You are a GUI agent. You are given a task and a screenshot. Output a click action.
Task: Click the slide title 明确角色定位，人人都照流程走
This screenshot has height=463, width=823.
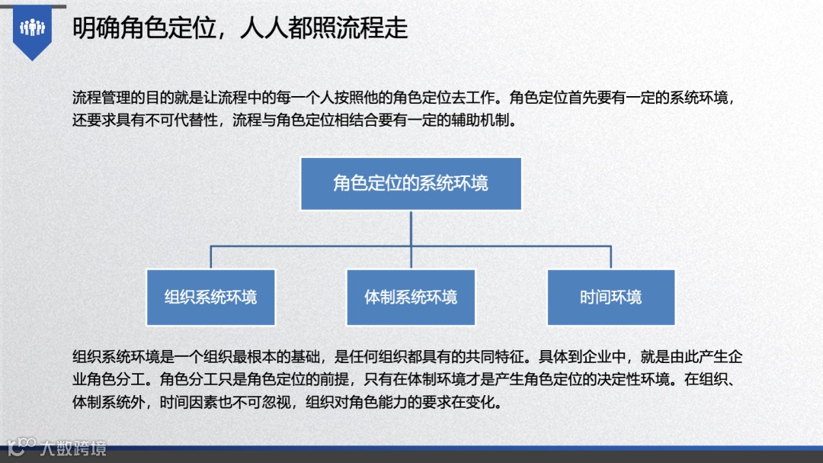[240, 28]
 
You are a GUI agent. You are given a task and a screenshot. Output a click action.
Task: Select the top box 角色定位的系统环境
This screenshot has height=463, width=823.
[411, 184]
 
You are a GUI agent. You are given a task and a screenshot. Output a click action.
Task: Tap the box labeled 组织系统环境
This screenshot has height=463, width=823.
[211, 297]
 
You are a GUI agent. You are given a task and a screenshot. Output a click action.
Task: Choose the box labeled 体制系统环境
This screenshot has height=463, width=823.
[411, 297]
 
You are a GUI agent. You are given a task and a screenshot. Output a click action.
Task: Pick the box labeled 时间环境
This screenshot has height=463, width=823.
[610, 297]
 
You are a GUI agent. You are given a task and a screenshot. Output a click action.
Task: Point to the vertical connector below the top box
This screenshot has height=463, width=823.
[411, 227]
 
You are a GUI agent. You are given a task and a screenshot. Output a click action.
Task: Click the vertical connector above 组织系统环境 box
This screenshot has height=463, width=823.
[211, 257]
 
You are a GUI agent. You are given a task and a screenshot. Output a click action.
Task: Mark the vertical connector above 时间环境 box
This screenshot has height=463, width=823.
[610, 257]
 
